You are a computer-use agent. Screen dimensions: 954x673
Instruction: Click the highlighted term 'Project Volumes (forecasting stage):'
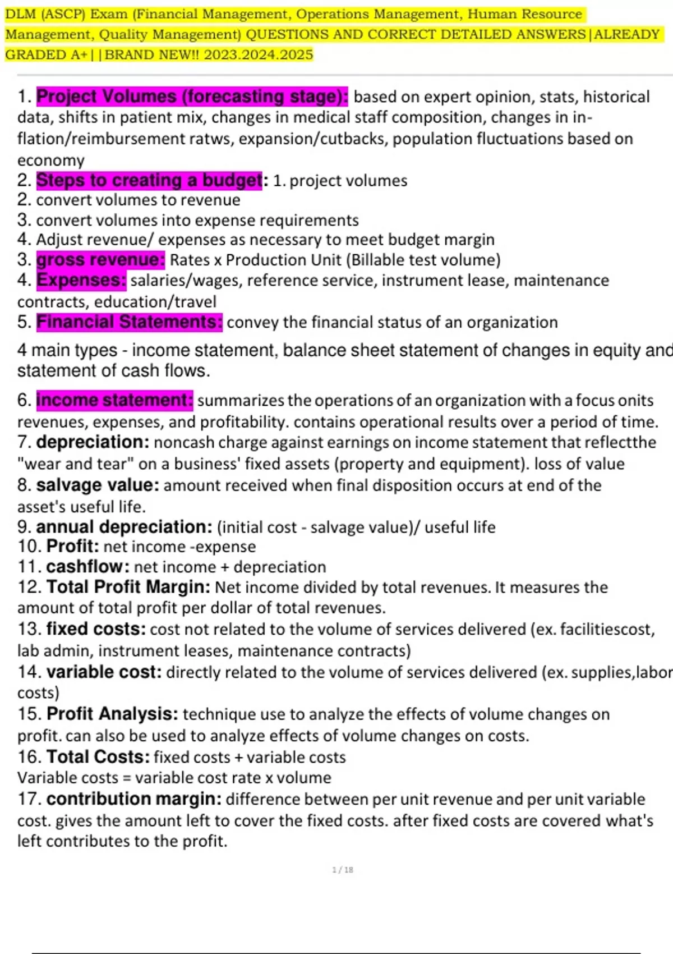pos(192,97)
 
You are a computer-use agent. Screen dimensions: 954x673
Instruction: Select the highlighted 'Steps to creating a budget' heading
pos(149,180)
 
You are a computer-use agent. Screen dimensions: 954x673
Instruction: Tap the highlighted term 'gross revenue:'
pos(100,260)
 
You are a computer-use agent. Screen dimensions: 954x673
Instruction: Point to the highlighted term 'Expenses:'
pos(81,280)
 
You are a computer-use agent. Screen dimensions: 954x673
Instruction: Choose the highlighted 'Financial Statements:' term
pos(129,322)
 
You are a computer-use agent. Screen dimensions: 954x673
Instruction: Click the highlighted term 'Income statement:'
pos(114,400)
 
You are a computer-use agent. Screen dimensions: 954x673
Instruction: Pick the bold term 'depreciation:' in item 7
pos(93,442)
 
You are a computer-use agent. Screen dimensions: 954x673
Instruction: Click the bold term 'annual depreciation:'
pos(124,527)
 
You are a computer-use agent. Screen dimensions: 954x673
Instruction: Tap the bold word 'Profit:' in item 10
pos(72,546)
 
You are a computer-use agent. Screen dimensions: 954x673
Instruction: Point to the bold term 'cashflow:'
pos(87,567)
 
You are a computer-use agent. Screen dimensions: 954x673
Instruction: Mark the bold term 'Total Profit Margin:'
pos(128,587)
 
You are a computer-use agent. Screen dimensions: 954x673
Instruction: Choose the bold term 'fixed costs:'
pos(96,629)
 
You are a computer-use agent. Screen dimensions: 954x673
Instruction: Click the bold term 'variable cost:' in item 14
pos(104,672)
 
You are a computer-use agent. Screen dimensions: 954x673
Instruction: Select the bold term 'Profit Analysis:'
pos(112,714)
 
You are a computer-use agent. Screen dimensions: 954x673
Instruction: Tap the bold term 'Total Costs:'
pos(98,756)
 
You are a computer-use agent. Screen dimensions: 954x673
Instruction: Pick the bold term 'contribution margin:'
pos(133,799)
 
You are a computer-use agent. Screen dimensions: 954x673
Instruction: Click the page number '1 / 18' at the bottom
pos(343,870)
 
